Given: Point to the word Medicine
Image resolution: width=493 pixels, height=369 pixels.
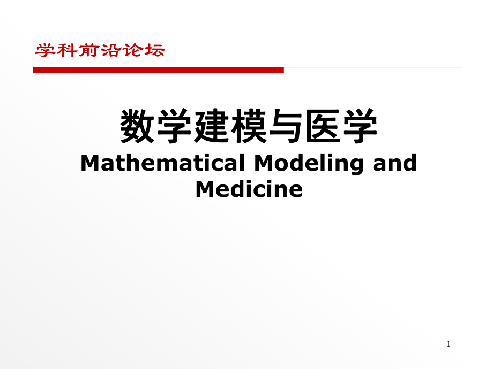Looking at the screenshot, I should (249, 189).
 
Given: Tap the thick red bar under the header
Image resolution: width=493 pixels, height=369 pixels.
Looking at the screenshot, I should (158, 70).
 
